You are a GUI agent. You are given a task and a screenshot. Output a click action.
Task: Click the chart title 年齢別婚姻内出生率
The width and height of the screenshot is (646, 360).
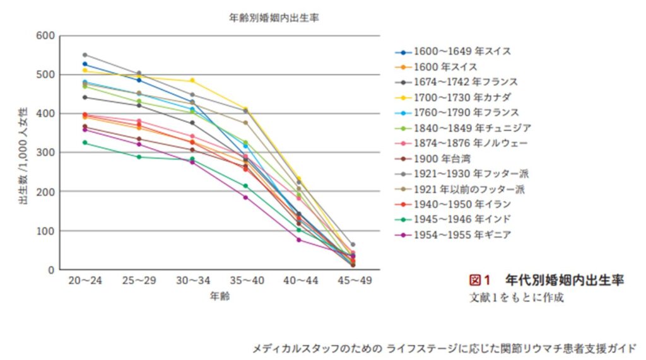coord(273,18)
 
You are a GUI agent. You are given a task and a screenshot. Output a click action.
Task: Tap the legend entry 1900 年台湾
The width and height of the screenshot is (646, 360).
coord(442,158)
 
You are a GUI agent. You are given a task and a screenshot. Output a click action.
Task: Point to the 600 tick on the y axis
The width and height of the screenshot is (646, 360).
coord(46,35)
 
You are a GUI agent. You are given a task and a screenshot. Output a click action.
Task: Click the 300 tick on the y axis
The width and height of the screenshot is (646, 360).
coord(46,153)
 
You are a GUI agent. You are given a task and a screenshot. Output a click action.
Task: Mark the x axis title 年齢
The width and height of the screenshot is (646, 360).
coord(220,296)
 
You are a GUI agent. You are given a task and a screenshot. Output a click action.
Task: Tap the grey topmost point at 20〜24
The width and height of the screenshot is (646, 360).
coord(85,55)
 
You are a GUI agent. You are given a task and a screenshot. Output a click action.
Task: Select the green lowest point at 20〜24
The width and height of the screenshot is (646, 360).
coord(85,142)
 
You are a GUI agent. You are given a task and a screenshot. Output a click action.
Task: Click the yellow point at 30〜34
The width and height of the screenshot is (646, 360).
coord(192,81)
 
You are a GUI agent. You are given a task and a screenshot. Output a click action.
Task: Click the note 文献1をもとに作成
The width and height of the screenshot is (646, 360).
coord(516,296)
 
